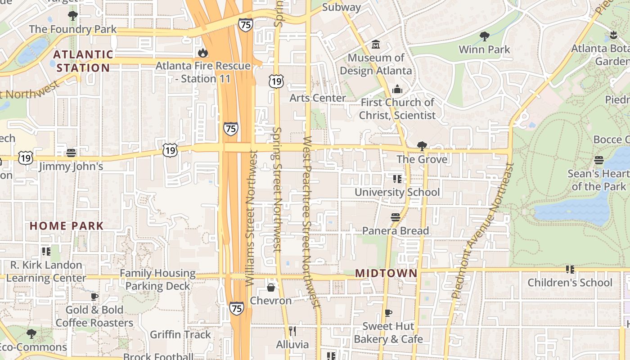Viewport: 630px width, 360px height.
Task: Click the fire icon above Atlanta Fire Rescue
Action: pyautogui.click(x=203, y=53)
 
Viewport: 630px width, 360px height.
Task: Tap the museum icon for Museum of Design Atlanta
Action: pyautogui.click(x=376, y=45)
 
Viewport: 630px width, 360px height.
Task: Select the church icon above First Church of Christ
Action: pyautogui.click(x=397, y=89)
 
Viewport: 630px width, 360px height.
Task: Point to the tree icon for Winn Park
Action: pyautogui.click(x=485, y=36)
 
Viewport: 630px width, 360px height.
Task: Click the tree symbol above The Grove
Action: pyautogui.click(x=422, y=146)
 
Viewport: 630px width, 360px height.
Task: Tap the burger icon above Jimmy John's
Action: pyautogui.click(x=71, y=153)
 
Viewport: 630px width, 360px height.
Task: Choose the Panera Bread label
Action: pyautogui.click(x=396, y=231)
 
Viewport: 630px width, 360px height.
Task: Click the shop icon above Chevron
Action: pyautogui.click(x=271, y=287)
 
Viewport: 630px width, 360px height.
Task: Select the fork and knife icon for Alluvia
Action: pyautogui.click(x=292, y=332)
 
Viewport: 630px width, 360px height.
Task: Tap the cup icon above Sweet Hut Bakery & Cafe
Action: pyautogui.click(x=388, y=313)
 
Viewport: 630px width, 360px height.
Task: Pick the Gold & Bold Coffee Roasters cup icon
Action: pyautogui.click(x=94, y=297)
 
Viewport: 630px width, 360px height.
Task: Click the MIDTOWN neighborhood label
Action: pyautogui.click(x=386, y=273)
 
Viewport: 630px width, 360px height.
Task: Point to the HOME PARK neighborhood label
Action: pyautogui.click(x=67, y=226)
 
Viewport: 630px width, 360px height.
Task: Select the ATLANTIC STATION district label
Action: pyautogui.click(x=83, y=61)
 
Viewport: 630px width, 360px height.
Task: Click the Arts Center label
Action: pyautogui.click(x=318, y=98)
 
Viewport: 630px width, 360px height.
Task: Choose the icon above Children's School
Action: pyautogui.click(x=570, y=270)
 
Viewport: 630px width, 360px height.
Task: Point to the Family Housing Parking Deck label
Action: pyautogui.click(x=157, y=279)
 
